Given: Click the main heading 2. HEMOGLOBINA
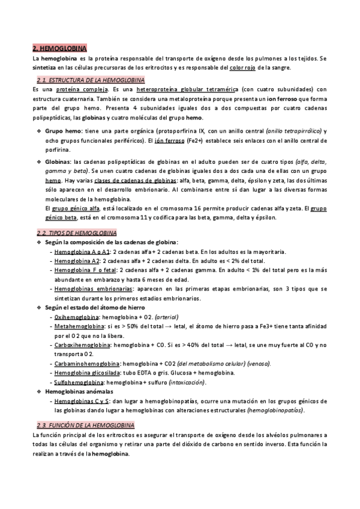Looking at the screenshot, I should [x=61, y=47].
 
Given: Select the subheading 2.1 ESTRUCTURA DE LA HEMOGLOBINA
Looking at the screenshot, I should [x=91, y=80].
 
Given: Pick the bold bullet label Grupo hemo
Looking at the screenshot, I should [x=63, y=131].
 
